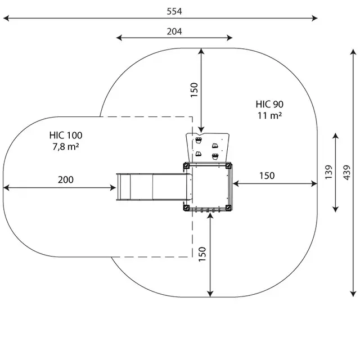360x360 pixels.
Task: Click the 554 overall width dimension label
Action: [174, 11]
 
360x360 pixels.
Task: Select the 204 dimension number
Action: [174, 31]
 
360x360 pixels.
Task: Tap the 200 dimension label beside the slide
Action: [66, 180]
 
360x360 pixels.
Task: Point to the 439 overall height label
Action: [347, 173]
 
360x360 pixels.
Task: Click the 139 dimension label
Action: [328, 172]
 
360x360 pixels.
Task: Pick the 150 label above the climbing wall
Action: [194, 90]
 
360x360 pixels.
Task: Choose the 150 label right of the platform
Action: [267, 175]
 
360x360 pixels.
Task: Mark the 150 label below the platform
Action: [202, 254]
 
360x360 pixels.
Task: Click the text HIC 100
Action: [66, 135]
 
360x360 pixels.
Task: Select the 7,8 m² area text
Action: [66, 146]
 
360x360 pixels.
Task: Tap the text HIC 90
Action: [269, 104]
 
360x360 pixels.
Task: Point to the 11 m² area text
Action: [269, 115]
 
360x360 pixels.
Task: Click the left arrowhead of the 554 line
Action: [6, 18]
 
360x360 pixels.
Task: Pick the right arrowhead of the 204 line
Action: [229, 38]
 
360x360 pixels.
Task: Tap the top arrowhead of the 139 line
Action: [336, 136]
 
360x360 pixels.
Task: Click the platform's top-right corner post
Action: [228, 165]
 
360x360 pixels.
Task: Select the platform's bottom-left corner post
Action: [186, 208]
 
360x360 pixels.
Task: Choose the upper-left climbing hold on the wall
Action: [199, 140]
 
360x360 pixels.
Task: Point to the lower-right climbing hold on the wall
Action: [215, 156]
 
